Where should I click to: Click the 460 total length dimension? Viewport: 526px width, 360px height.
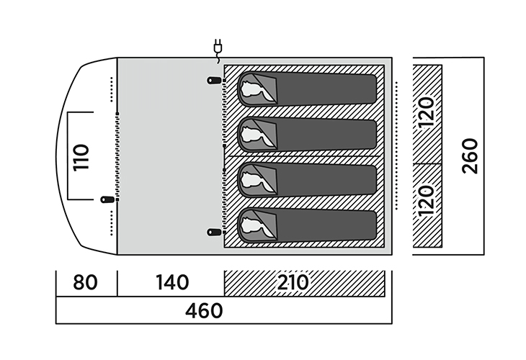[x=205, y=312]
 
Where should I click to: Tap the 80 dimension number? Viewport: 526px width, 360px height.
[x=86, y=282]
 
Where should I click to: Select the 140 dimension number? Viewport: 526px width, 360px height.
[x=170, y=282]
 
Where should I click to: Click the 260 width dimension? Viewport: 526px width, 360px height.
[x=469, y=156]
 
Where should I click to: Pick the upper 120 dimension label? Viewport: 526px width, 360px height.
[x=427, y=112]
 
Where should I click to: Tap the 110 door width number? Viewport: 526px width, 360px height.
[x=81, y=156]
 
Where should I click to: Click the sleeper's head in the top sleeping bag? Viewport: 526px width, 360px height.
[x=252, y=89]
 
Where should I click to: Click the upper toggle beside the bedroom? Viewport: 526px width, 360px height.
[x=213, y=80]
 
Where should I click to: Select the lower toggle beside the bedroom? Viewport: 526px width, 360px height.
[x=213, y=232]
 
